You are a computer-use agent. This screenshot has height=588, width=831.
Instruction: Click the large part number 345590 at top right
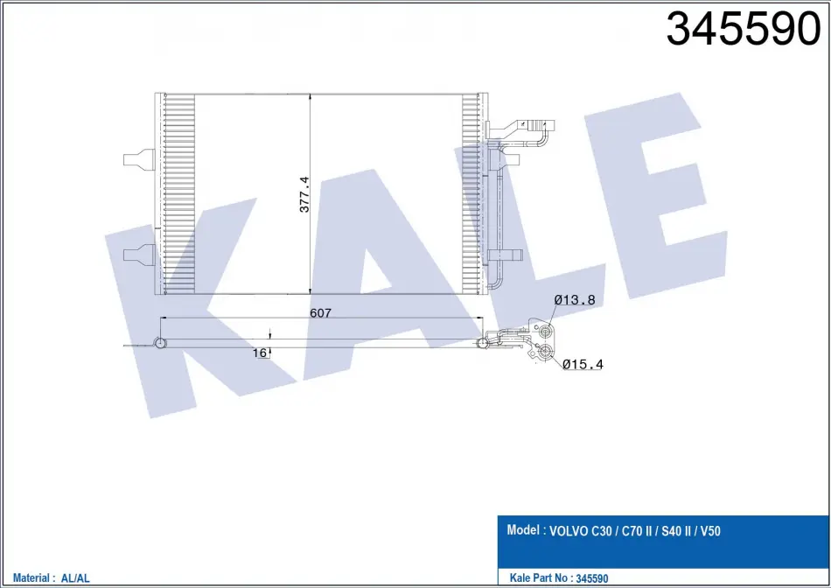point(743,29)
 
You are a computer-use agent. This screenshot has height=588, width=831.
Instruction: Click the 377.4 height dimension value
point(304,194)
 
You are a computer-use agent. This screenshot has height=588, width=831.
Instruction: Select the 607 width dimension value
point(321,313)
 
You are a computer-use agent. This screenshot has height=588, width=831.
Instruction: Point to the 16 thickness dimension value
point(259,353)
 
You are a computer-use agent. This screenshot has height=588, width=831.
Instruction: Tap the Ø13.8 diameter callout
point(575,300)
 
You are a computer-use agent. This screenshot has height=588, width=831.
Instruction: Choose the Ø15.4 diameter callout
point(583,364)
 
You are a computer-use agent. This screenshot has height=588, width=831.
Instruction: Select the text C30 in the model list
point(601,531)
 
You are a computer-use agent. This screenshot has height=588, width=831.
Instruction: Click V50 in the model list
point(710,531)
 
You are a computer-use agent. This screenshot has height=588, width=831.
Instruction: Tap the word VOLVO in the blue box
point(568,531)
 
